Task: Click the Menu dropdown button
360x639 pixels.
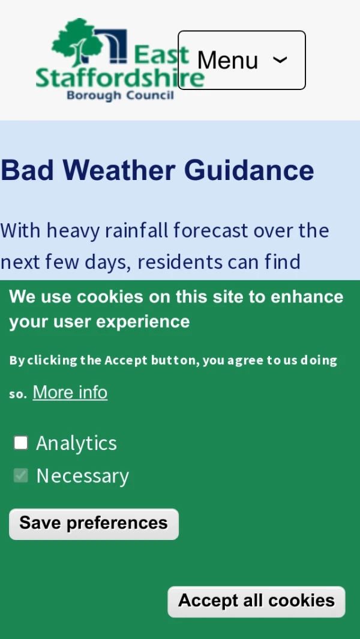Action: pos(241,60)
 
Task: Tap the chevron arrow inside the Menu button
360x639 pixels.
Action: pos(280,60)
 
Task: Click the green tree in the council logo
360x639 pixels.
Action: pos(77,41)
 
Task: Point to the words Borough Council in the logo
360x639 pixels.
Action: pos(120,96)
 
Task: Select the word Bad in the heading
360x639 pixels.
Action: pos(28,170)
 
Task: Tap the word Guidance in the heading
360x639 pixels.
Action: pos(249,170)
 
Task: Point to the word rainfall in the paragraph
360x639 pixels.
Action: pos(136,230)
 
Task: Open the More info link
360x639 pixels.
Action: pos(70,392)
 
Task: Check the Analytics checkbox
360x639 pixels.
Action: pos(21,443)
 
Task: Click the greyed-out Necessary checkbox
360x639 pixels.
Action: pos(21,475)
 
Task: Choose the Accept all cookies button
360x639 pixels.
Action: pos(256,602)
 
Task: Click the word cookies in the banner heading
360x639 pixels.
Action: pos(110,296)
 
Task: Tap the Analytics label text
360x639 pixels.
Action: pos(77,443)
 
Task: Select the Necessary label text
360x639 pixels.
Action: pos(83,476)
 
